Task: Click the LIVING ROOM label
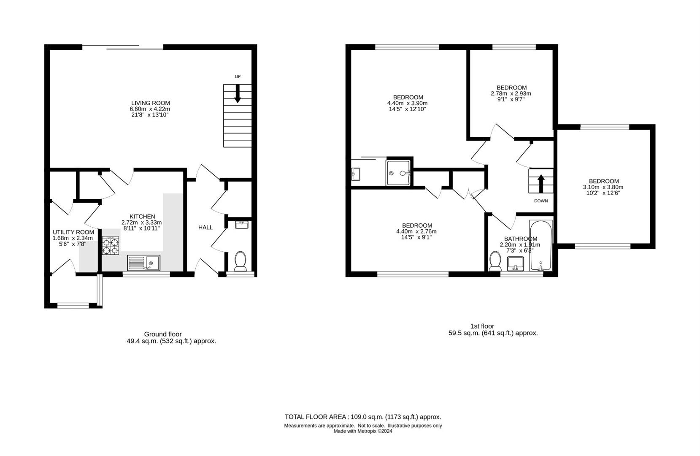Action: (150, 103)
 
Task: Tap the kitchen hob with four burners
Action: (111, 245)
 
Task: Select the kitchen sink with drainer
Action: (143, 263)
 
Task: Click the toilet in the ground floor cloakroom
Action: (241, 261)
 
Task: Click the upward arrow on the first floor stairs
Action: (541, 184)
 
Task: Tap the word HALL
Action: (205, 228)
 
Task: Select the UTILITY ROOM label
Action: (73, 232)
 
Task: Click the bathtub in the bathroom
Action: (541, 246)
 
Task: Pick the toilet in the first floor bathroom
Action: (495, 261)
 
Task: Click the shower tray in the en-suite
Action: (398, 173)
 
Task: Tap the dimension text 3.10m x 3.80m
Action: (603, 187)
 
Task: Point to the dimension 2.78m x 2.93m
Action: (511, 94)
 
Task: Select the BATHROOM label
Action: (520, 239)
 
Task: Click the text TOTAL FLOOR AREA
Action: (316, 417)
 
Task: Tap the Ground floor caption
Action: (163, 334)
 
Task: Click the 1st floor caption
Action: (482, 326)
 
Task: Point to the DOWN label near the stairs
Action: (541, 201)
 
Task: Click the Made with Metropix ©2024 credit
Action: (363, 431)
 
